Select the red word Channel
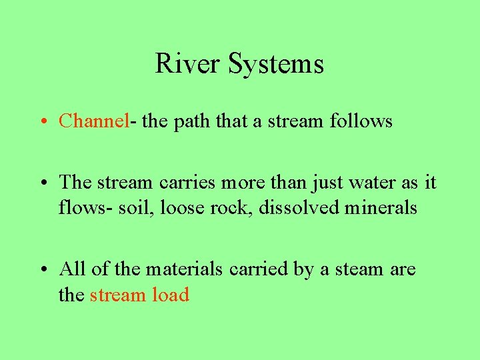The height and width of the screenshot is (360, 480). tap(93, 121)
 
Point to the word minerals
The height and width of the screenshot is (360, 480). tap(381, 208)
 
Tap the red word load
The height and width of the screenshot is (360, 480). tap(171, 295)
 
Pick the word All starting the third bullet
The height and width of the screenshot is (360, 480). tap(71, 269)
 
